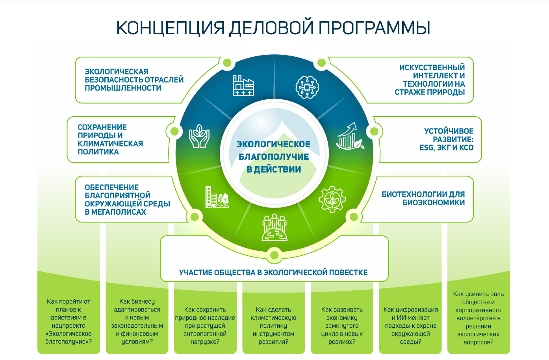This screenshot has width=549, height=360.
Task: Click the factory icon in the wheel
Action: [243, 85]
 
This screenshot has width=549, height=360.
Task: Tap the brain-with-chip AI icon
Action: [307, 87]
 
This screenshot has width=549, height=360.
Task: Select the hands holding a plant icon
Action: [199, 136]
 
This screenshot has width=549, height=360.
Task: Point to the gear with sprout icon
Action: [332, 199]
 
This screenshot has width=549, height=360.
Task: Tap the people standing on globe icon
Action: [274, 227]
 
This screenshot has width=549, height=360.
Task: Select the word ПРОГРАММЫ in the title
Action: [374, 28]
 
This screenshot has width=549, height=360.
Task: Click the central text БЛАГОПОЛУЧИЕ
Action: [274, 157]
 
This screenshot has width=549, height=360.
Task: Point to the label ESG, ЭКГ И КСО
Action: [446, 148]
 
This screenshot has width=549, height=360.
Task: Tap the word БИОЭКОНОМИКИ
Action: [434, 202]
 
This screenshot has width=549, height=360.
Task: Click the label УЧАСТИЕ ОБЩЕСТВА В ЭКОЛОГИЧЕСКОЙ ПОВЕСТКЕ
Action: [273, 273]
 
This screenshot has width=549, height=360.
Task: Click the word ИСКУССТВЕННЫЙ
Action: [432, 67]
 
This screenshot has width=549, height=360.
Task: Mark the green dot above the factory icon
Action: [227, 63]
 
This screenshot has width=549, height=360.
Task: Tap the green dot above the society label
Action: [274, 255]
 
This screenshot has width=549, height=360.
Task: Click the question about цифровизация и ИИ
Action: [410, 325]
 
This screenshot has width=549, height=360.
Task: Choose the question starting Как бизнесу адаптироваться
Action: [137, 321]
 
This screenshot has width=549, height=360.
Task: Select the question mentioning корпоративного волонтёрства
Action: [479, 318]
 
